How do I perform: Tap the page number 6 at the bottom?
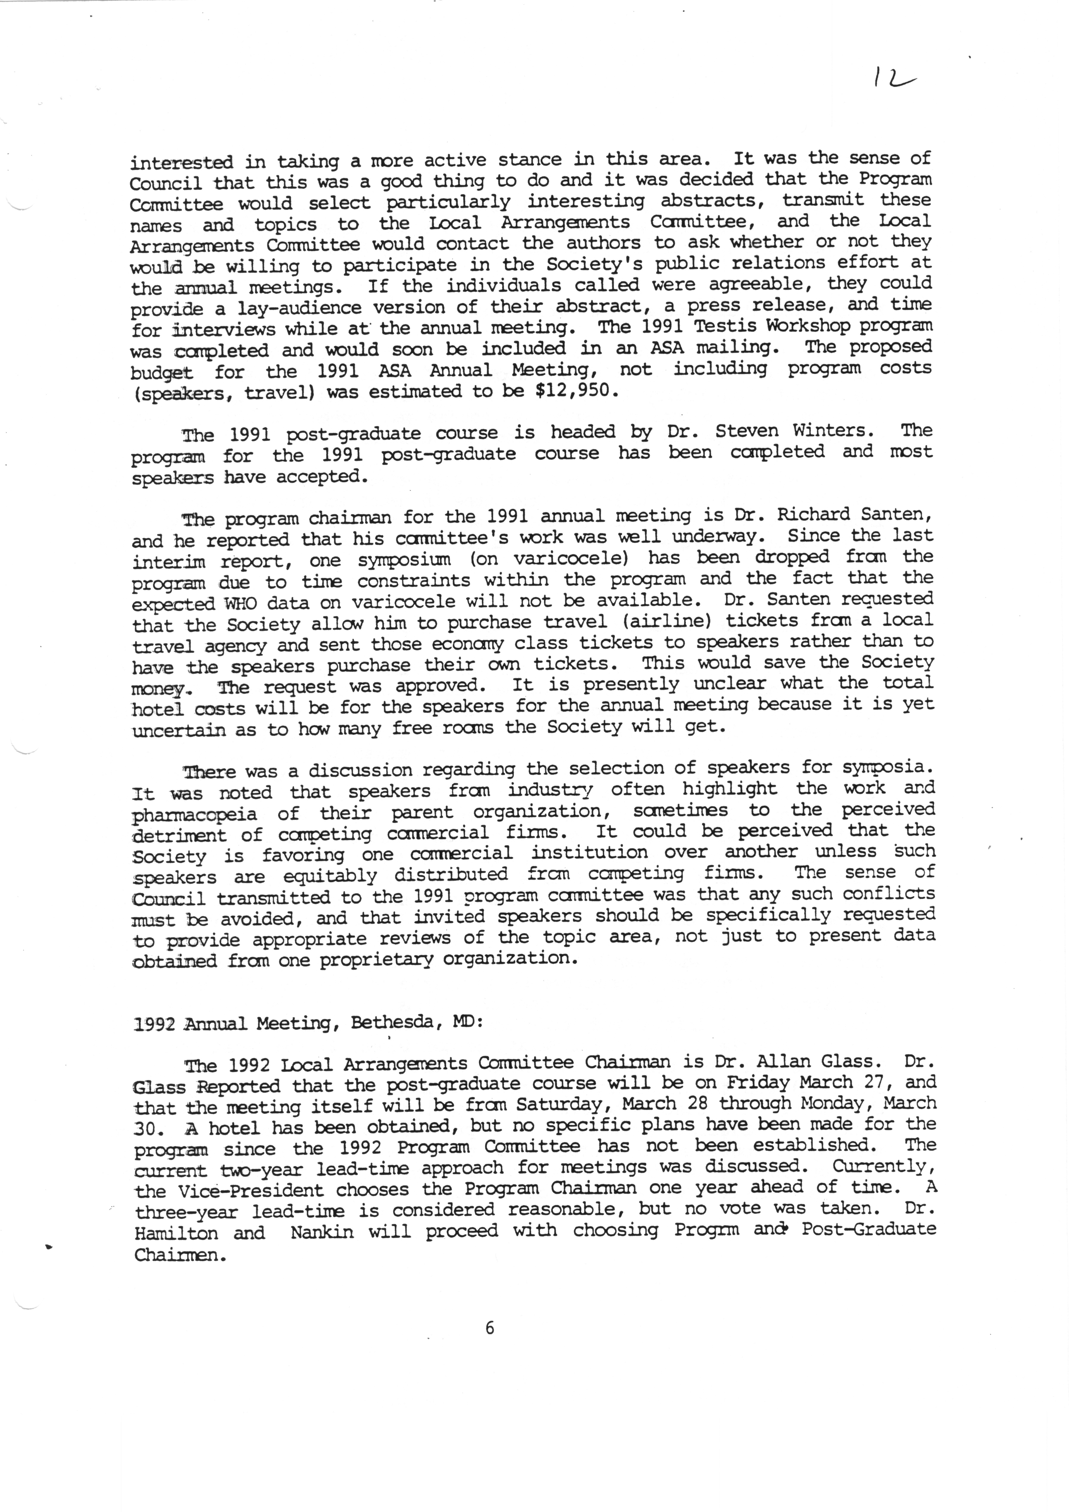pos(489,1328)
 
